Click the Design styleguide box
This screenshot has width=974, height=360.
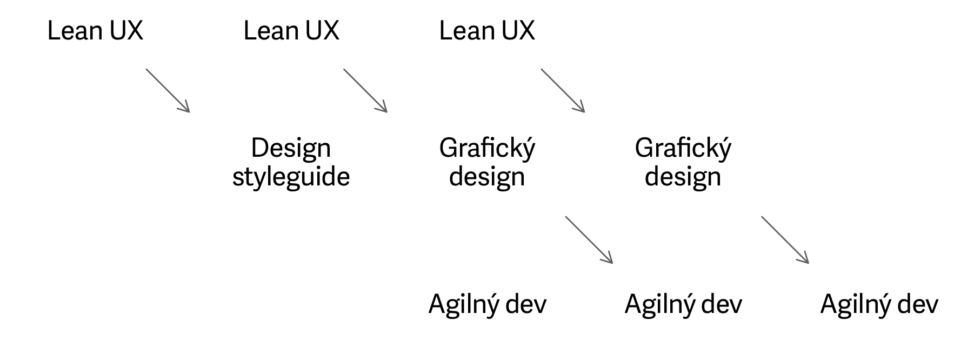[291, 162]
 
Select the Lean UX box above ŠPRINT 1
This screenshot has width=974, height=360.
[95, 30]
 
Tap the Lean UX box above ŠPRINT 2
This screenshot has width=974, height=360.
[291, 30]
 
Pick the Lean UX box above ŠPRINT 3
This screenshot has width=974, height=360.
[487, 30]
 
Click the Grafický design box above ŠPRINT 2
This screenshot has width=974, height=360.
[487, 162]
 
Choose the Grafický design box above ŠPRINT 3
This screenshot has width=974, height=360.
[683, 162]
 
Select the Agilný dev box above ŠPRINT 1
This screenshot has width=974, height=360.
[487, 304]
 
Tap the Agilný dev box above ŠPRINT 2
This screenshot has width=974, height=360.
[683, 304]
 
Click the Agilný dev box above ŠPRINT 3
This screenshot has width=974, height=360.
[879, 304]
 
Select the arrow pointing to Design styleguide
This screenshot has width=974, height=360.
[168, 90]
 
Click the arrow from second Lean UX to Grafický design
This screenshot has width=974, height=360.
[365, 90]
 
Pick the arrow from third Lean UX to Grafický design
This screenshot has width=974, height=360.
[563, 90]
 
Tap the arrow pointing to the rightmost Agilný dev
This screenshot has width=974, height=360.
[785, 239]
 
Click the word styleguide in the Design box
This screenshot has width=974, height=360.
[291, 177]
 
